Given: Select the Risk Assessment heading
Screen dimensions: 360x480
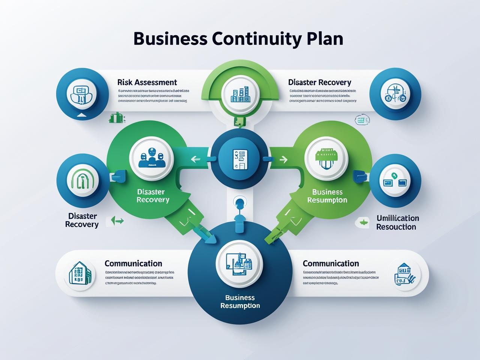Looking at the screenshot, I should pyautogui.click(x=147, y=82).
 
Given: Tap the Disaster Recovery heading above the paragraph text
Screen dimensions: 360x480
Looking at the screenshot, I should pyautogui.click(x=319, y=82).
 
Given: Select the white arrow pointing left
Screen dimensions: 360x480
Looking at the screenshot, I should pyautogui.click(x=195, y=159).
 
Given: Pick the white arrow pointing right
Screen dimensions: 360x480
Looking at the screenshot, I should pyautogui.click(x=283, y=160).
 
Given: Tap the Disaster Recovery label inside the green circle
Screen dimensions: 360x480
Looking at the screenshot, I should pyautogui.click(x=153, y=195).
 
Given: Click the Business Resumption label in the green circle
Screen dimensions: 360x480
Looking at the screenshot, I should pyautogui.click(x=327, y=196).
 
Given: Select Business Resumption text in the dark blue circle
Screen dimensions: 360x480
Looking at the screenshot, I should pyautogui.click(x=240, y=301).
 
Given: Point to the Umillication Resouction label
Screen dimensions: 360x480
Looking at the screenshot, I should pyautogui.click(x=397, y=222).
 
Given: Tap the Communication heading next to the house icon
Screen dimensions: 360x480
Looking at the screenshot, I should pyautogui.click(x=133, y=263).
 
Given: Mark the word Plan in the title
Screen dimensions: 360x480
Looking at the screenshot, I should pyautogui.click(x=324, y=39).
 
